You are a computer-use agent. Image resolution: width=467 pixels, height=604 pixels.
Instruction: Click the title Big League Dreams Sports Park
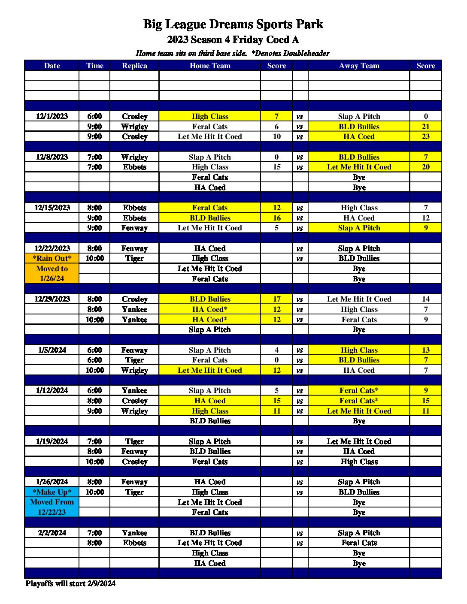click(x=233, y=24)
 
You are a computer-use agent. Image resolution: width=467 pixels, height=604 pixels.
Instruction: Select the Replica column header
click(x=134, y=66)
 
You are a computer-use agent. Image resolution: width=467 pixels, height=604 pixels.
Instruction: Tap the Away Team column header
click(x=359, y=66)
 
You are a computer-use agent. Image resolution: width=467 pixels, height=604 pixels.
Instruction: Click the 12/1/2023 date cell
click(x=52, y=116)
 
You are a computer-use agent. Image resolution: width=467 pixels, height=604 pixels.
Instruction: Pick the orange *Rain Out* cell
click(x=52, y=258)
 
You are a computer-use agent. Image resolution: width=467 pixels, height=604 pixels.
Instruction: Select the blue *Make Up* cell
click(x=52, y=492)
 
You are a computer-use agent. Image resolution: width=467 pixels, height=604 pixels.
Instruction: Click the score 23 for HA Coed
click(x=425, y=136)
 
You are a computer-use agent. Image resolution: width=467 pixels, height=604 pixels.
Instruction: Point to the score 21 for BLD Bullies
click(x=425, y=127)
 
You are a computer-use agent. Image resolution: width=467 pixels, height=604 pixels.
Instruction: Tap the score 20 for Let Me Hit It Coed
click(x=425, y=167)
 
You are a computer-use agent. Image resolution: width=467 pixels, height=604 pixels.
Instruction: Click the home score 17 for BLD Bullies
click(x=276, y=299)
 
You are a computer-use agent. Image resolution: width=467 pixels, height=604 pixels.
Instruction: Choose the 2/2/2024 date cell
click(x=52, y=533)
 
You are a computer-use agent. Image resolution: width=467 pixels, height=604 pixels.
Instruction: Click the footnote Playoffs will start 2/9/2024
click(x=70, y=583)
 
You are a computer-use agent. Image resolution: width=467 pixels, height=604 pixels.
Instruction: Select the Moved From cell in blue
click(x=52, y=502)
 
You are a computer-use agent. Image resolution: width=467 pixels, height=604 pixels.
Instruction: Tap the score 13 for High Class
click(x=425, y=350)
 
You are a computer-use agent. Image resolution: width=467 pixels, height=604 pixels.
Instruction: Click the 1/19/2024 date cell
click(x=52, y=441)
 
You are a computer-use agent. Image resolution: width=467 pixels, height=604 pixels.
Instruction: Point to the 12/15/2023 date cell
click(x=52, y=208)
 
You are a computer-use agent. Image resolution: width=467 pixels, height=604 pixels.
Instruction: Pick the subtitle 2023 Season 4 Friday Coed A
click(x=233, y=40)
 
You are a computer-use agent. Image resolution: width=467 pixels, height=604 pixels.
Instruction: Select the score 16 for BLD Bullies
click(x=276, y=218)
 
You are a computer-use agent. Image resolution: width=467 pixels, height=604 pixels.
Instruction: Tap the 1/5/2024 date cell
click(x=52, y=350)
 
